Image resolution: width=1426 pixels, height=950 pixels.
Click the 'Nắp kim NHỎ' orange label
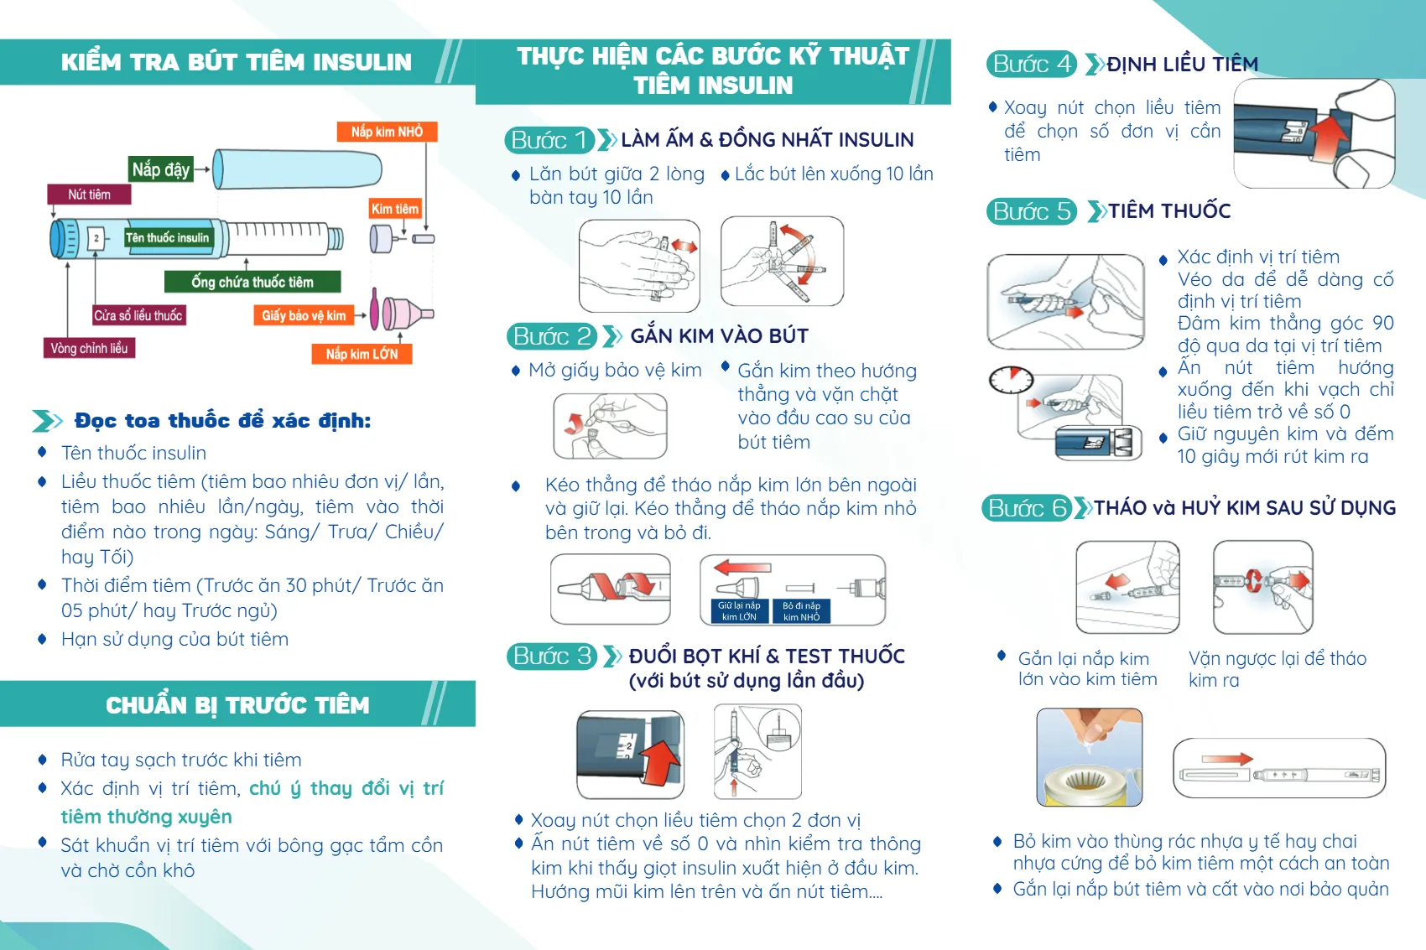tap(387, 132)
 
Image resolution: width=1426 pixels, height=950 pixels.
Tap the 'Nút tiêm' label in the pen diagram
tap(89, 195)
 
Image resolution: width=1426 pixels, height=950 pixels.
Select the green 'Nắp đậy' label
tap(161, 169)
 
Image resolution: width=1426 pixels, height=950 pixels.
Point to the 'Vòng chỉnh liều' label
tap(89, 348)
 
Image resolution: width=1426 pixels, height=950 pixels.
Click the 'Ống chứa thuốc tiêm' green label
tap(252, 282)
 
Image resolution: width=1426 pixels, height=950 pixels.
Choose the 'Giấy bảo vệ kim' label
tap(303, 315)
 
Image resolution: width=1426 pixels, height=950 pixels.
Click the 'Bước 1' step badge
tap(549, 140)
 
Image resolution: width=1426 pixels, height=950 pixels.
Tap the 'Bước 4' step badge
tap(1031, 65)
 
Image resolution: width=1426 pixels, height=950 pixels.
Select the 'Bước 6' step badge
tap(1027, 508)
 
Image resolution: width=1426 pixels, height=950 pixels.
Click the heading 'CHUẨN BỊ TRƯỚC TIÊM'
tap(237, 705)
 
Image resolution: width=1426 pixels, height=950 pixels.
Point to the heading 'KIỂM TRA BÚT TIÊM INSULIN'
tap(237, 62)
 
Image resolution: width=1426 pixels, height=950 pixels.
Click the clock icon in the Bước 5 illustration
tap(1011, 380)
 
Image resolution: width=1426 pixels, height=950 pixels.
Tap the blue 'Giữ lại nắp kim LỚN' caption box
tap(739, 611)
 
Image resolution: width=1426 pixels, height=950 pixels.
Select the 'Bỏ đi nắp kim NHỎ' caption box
tap(802, 611)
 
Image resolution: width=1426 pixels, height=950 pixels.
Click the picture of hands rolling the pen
tap(639, 265)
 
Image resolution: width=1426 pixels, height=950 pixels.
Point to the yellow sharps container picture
tap(1089, 758)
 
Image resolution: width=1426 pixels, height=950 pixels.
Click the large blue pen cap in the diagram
tap(298, 169)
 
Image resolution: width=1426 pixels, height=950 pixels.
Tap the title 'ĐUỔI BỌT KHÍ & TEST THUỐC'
tap(767, 656)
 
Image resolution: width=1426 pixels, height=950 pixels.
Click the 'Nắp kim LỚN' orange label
tap(362, 354)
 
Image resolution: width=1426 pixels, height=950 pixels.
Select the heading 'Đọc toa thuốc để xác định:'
tap(222, 420)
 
